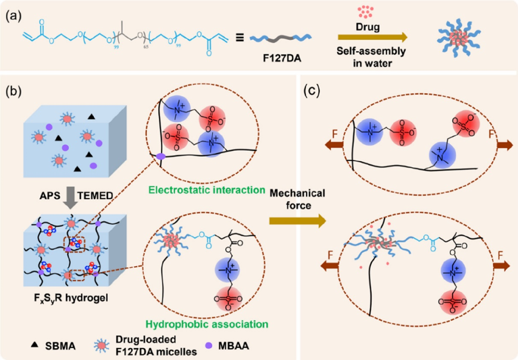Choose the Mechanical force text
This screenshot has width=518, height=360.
[x=297, y=199]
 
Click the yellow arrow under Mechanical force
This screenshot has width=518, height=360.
[x=297, y=221]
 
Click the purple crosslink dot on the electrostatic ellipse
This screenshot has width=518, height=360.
[x=161, y=157]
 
